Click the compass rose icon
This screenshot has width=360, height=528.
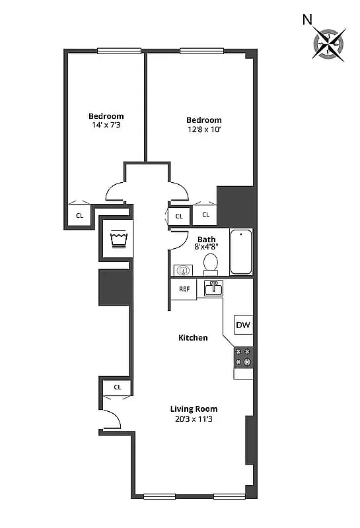click(328, 43)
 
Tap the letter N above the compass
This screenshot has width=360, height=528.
click(307, 20)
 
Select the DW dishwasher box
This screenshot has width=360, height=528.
click(242, 325)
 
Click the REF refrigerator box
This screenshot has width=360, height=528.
click(184, 289)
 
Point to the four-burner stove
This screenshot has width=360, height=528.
click(243, 357)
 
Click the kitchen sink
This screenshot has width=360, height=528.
click(213, 288)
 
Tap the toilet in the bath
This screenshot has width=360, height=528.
click(211, 263)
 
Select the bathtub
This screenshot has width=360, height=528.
click(241, 251)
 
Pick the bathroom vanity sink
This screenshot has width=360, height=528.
click(183, 269)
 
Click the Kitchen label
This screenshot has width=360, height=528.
click(193, 337)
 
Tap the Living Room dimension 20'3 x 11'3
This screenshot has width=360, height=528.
click(194, 418)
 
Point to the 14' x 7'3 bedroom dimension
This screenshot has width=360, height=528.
click(106, 125)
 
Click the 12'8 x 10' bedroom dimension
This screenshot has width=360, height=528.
click(203, 129)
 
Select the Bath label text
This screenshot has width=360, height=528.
click(206, 239)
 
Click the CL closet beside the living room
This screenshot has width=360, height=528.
click(117, 387)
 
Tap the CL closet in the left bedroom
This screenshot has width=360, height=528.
click(79, 215)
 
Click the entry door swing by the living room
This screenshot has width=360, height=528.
click(111, 420)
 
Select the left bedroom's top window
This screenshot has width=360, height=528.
click(119, 50)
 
